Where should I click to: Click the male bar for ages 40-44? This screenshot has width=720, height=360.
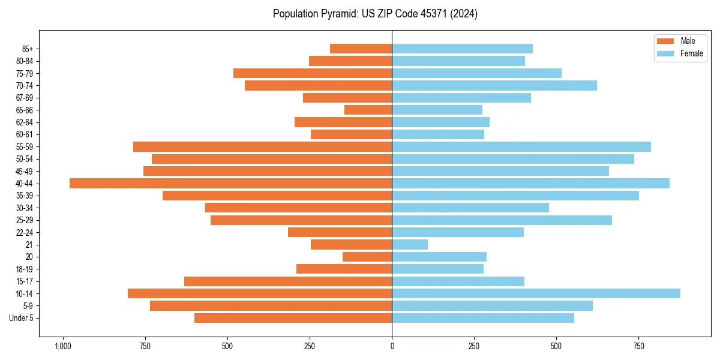230,183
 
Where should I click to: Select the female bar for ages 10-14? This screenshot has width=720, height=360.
536,293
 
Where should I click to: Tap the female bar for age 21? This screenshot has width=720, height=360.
410,244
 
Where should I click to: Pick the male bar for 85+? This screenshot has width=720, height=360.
361,49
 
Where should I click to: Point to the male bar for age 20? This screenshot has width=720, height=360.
367,257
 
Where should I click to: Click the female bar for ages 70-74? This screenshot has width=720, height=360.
494,85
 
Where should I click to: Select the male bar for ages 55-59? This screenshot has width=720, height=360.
262,146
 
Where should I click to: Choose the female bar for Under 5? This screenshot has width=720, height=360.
483,318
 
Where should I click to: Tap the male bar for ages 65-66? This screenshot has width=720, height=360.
368,110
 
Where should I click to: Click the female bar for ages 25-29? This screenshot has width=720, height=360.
502,220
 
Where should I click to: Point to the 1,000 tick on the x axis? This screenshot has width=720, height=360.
62,347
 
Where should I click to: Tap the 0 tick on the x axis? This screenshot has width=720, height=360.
392,347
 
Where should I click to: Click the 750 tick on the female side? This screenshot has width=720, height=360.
638,347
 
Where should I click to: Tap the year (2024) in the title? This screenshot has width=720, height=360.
463,14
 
